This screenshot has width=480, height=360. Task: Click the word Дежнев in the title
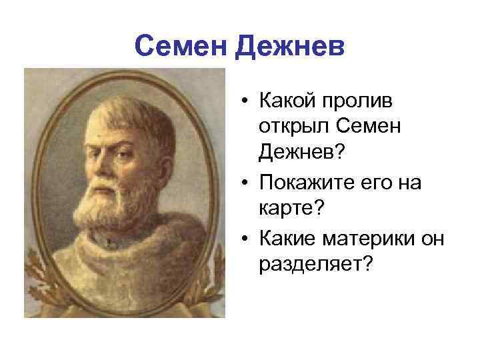click(x=289, y=47)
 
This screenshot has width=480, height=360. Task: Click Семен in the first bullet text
click(x=367, y=127)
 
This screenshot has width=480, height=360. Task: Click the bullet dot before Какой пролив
click(x=246, y=101)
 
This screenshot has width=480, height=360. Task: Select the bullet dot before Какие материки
click(x=246, y=237)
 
